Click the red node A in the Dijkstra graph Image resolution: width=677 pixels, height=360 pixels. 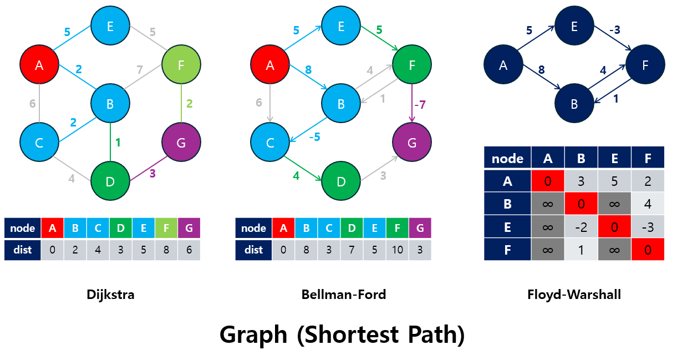coord(39,65)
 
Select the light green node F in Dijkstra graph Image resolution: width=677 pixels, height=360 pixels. coord(181,65)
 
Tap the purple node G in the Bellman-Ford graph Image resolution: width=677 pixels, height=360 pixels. coord(412,143)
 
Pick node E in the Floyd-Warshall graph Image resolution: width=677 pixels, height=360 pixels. coord(574,26)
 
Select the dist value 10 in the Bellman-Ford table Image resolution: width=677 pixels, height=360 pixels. coord(398,250)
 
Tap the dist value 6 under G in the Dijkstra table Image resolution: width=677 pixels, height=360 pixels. coord(189,250)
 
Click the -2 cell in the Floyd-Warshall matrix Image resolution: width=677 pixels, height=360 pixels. coord(581,227)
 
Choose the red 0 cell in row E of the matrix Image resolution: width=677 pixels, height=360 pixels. coord(614,227)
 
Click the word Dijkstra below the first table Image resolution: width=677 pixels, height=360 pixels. coord(110,295)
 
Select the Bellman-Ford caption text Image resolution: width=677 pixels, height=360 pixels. coord(344,295)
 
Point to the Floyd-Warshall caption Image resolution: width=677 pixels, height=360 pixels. coord(574,295)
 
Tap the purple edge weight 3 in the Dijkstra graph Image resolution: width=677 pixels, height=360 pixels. coord(152,174)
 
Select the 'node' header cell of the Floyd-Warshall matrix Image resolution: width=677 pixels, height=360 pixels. coord(507,159)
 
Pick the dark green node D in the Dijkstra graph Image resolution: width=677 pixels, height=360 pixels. coord(110,181)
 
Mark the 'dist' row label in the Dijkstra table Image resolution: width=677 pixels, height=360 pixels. coord(22,250)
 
